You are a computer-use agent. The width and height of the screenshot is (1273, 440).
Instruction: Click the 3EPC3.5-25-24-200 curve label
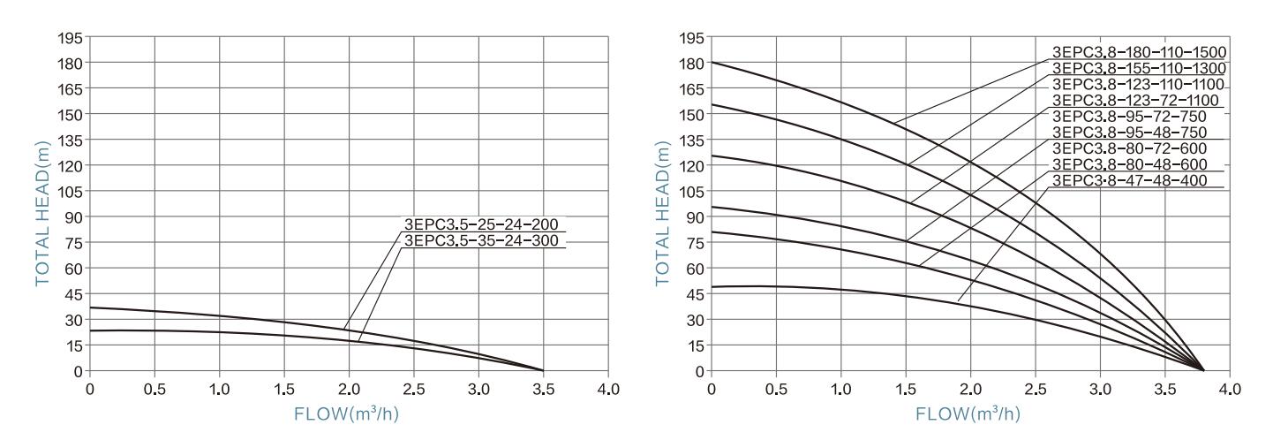coord(483,224)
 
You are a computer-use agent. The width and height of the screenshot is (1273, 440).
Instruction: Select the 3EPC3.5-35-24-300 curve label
coord(483,239)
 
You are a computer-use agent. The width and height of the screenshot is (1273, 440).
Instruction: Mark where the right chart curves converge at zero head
coord(1203,370)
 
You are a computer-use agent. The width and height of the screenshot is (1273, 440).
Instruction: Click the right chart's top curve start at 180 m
coord(712,63)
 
